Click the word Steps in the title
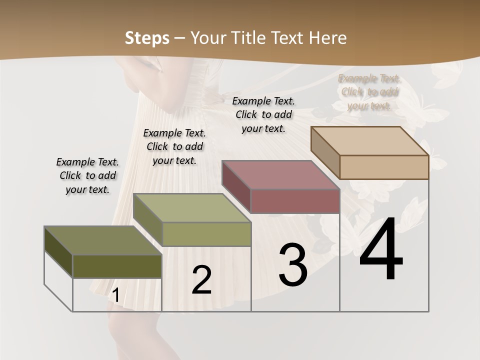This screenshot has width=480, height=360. (147, 38)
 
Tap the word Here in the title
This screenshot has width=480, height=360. (327, 38)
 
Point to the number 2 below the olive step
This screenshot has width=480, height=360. (201, 280)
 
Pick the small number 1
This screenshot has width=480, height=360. (115, 295)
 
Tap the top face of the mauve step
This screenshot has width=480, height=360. (280, 175)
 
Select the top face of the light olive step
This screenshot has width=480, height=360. (192, 208)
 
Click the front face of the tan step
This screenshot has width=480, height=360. (384, 167)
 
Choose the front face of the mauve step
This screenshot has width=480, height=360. (295, 201)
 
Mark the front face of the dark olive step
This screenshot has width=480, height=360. (117, 266)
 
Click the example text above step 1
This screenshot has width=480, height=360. (87, 175)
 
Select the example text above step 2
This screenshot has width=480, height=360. (174, 146)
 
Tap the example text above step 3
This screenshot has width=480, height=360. (263, 114)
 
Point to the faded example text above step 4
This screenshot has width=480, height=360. (369, 92)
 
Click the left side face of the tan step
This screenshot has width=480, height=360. (325, 152)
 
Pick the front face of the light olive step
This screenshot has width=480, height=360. (206, 234)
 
